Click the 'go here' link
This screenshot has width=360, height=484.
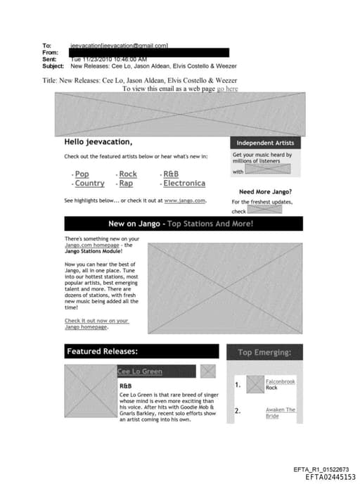click(x=227, y=89)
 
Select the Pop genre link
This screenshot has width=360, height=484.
click(x=82, y=174)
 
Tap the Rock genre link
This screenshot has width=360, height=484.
click(x=128, y=174)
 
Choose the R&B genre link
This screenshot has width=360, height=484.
click(x=171, y=174)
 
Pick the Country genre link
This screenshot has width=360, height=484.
click(x=89, y=184)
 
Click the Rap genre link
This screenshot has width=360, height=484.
click(x=126, y=184)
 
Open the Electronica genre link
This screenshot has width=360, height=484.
click(x=184, y=184)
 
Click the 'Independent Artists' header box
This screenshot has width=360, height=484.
click(x=265, y=143)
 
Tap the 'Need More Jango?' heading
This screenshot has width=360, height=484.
click(x=266, y=191)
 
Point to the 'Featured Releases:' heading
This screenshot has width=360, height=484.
click(x=141, y=351)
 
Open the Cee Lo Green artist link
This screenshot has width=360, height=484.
click(x=139, y=371)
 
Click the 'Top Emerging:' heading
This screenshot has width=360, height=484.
click(x=264, y=352)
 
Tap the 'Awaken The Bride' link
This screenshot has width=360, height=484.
click(x=280, y=412)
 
